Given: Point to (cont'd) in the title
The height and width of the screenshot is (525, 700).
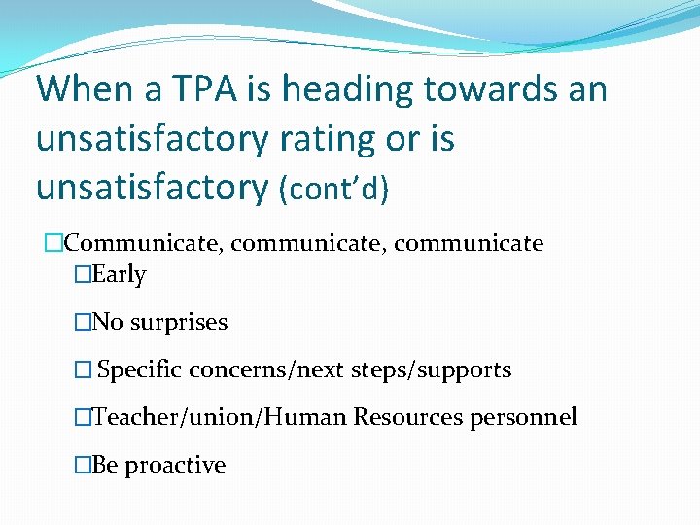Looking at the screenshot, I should (x=333, y=189).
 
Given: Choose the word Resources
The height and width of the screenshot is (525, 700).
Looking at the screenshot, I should (x=408, y=418).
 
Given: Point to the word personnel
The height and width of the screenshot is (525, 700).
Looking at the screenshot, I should (x=523, y=418).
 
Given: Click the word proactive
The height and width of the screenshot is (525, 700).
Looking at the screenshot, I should (x=175, y=466).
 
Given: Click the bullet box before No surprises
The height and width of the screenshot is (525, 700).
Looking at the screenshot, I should (x=82, y=323).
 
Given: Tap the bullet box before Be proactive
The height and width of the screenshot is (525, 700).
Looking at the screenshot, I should (x=82, y=466).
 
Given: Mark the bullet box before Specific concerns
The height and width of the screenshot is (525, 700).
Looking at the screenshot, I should (x=82, y=370).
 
